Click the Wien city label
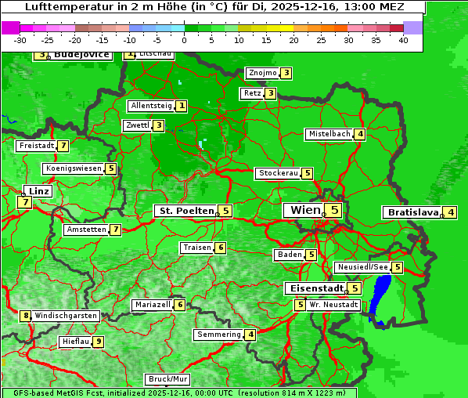click(x=305, y=210)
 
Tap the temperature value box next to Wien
click(x=334, y=210)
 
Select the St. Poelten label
click(x=185, y=211)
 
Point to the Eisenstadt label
click(x=314, y=288)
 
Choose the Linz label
click(x=38, y=191)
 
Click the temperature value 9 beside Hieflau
click(x=98, y=342)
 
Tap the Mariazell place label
click(x=152, y=305)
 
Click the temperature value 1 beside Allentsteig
click(x=181, y=106)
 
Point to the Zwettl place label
click(x=137, y=125)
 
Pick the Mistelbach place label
click(x=329, y=134)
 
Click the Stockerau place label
click(x=278, y=173)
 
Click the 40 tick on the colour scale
click(x=403, y=40)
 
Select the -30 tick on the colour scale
click(x=21, y=40)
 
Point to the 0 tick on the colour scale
click(x=185, y=40)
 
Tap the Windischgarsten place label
click(x=66, y=316)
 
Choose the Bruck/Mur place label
click(x=167, y=379)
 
